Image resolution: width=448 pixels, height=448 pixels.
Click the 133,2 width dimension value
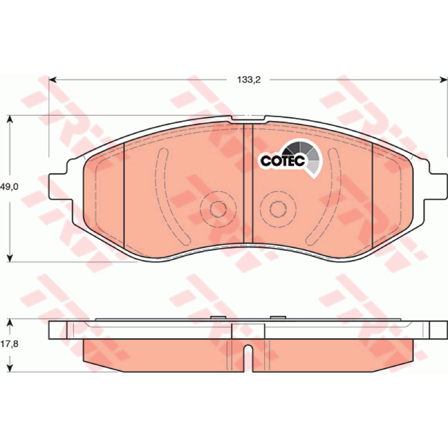pos(249,80)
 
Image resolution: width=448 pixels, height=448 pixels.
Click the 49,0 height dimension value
pos(9,187)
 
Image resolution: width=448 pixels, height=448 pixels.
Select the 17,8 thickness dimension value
pos(9,344)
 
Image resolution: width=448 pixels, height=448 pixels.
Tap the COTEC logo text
pos(283,161)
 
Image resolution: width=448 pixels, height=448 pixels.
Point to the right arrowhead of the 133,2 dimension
pos(444,80)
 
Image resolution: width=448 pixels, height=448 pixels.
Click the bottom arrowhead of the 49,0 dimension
pos(10,258)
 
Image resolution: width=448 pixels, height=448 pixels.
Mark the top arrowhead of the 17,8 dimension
pos(10,323)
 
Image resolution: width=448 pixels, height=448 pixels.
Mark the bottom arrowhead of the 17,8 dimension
pos(10,368)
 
